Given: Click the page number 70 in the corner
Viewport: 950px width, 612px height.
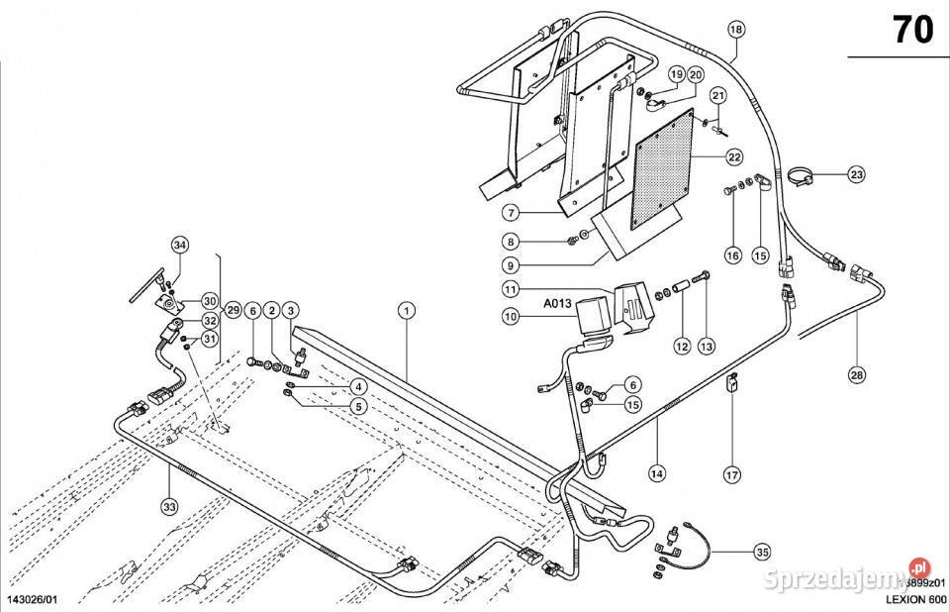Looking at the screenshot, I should coord(913,30).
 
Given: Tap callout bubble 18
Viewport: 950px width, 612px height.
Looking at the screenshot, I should coord(735,29).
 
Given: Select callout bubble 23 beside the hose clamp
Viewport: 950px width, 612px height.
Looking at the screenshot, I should coord(856,175).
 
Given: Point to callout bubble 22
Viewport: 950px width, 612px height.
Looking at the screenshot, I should coord(733,157).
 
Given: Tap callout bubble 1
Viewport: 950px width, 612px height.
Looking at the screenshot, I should coord(406,310).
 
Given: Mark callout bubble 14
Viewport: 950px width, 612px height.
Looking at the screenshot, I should coord(656,473).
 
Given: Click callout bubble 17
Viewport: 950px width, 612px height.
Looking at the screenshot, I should coord(731,474).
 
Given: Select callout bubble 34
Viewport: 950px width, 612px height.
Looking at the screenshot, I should coord(179,245).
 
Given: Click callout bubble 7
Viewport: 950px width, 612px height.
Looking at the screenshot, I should coord(510,213).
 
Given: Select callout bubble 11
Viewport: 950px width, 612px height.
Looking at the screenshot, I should coord(510,290).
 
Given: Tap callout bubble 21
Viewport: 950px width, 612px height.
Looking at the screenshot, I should coord(718,96).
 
